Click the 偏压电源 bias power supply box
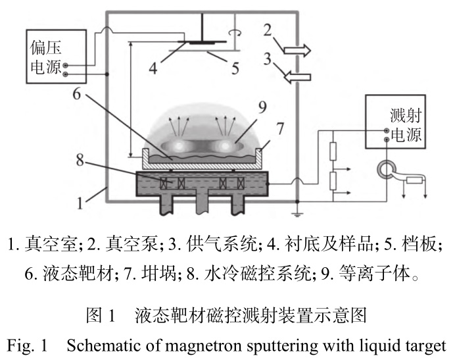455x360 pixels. click(49, 56)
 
